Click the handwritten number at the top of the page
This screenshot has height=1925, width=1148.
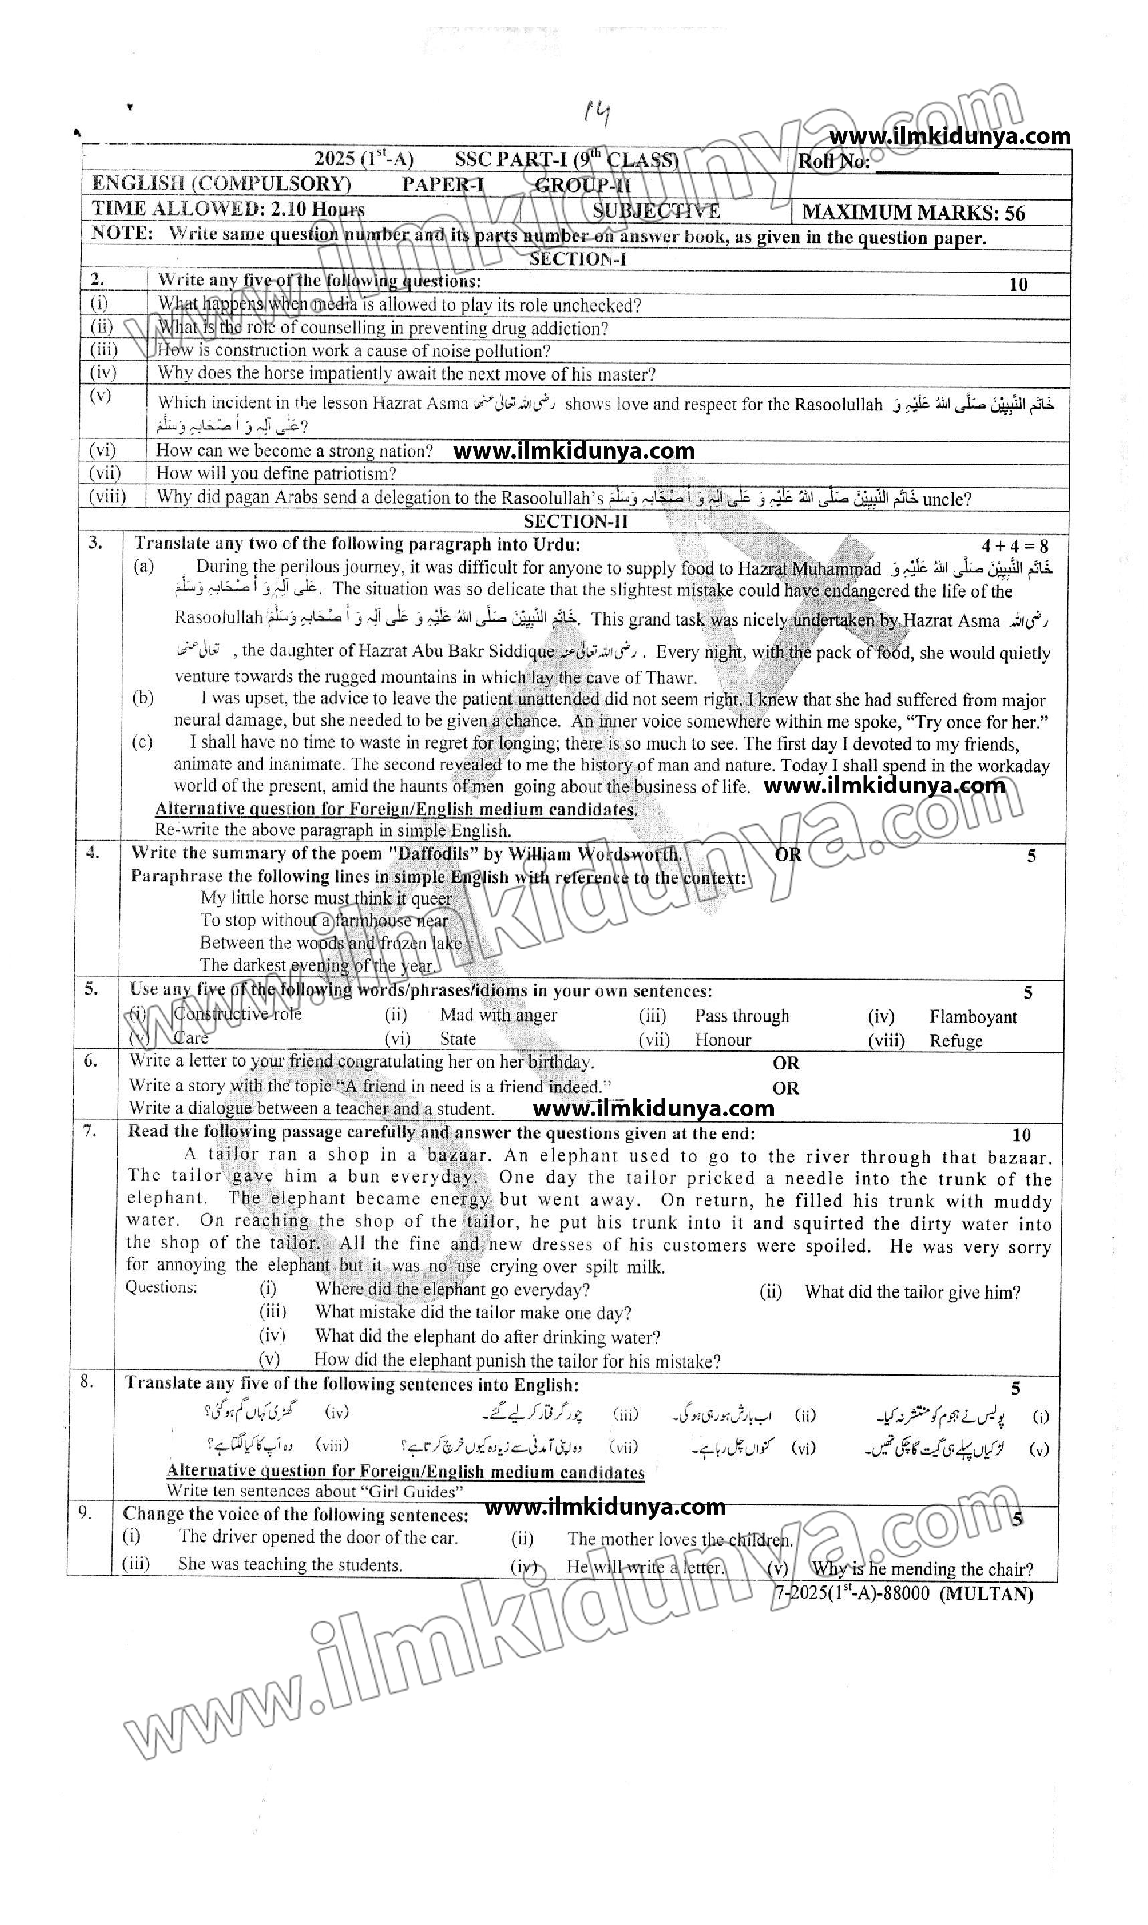pyautogui.click(x=597, y=115)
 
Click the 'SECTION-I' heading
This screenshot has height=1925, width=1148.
pyautogui.click(x=577, y=259)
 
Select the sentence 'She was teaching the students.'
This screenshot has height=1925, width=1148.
pyautogui.click(x=290, y=1564)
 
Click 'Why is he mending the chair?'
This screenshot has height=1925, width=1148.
pyautogui.click(x=922, y=1569)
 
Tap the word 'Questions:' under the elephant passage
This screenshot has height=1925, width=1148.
pyautogui.click(x=161, y=1287)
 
